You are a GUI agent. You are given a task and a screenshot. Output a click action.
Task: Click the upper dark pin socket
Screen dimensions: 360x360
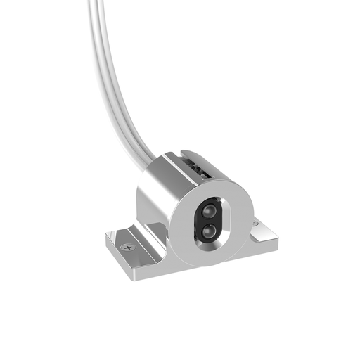tap(210, 210)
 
